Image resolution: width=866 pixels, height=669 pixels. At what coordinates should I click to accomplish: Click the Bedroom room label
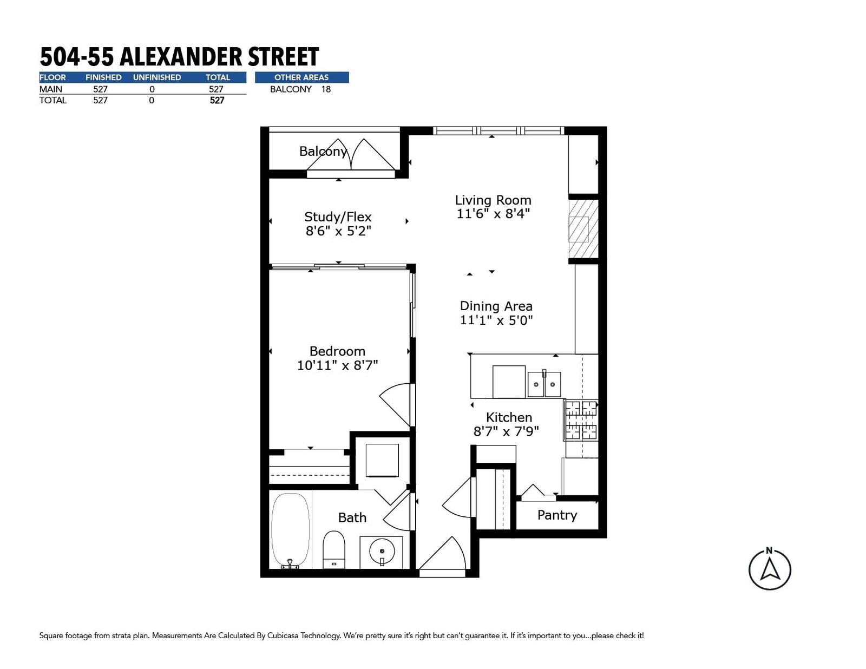tap(337, 351)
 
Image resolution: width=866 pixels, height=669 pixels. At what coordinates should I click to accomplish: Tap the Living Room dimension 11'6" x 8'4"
tap(493, 214)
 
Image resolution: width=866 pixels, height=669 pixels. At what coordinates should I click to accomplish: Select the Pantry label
tap(557, 515)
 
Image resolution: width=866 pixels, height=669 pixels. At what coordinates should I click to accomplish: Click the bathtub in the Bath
tap(290, 530)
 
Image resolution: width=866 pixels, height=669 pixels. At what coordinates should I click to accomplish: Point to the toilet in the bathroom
tap(333, 549)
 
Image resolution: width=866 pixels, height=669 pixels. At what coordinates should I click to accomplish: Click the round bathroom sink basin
tap(382, 552)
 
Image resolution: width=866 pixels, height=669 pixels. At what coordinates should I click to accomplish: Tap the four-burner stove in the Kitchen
tap(581, 421)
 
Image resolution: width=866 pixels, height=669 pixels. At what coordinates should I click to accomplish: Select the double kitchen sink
tap(544, 384)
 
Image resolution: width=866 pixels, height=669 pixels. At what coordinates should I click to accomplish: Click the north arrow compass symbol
tap(770, 569)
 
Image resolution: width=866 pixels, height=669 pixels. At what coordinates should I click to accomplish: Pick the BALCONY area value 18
tap(326, 89)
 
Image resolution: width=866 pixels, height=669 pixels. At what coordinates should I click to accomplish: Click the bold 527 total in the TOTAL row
tap(217, 101)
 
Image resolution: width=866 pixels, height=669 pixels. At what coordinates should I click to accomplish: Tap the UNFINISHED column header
tap(157, 77)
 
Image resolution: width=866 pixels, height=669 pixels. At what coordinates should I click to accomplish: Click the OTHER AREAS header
tap(301, 77)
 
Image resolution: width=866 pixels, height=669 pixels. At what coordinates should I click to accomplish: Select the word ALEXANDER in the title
tap(181, 57)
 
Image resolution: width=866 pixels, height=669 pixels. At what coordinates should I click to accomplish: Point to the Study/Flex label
tap(338, 217)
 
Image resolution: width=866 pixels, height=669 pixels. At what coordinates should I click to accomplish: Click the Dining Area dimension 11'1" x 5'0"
tap(496, 320)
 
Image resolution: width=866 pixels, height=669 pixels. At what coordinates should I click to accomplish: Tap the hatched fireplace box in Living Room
tap(583, 229)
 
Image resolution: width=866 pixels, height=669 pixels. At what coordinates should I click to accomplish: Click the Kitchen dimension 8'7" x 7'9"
tap(506, 431)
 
